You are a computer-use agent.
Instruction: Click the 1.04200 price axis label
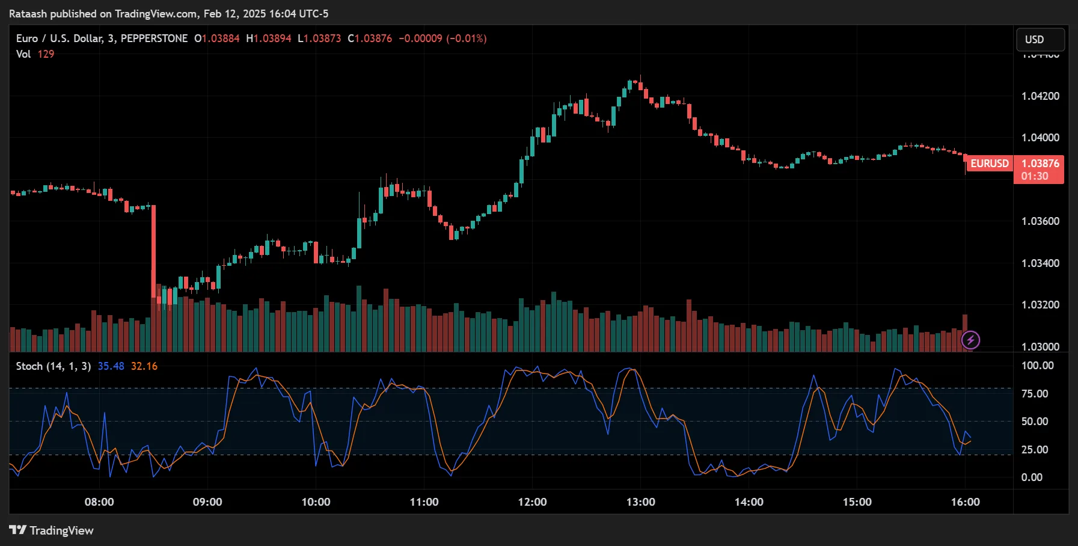click(x=1040, y=96)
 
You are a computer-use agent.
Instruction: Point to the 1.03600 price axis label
click(x=1040, y=221)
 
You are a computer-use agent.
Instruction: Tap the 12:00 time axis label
click(x=532, y=502)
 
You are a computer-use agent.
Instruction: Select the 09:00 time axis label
click(x=207, y=502)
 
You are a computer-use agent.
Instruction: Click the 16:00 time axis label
click(x=965, y=502)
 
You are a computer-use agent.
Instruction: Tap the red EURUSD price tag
click(x=989, y=164)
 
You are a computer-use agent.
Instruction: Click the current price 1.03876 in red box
click(x=1040, y=164)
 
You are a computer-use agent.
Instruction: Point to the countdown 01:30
click(x=1034, y=176)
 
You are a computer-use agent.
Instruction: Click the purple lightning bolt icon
click(x=970, y=340)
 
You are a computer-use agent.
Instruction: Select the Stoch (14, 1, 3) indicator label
click(x=54, y=366)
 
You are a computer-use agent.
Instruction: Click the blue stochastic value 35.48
click(x=111, y=366)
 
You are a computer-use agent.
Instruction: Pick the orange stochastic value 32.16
click(x=144, y=366)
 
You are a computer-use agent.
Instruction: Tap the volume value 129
click(x=46, y=54)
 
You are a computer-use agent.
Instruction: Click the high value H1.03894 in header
click(x=269, y=38)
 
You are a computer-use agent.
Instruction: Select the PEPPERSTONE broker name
click(x=154, y=38)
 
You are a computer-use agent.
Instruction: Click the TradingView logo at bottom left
click(x=51, y=530)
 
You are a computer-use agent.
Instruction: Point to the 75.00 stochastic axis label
click(x=1034, y=394)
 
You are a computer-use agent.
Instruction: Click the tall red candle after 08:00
click(x=154, y=253)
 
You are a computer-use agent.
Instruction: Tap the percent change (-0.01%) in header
click(x=466, y=38)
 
